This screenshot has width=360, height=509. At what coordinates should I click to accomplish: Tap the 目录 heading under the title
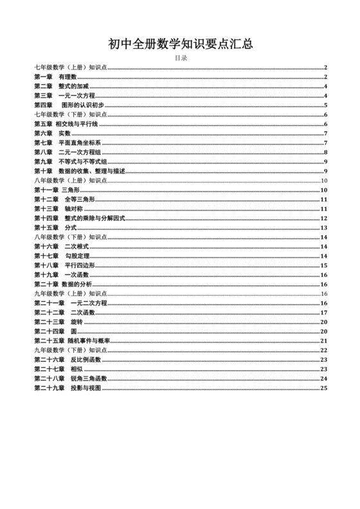point(180,58)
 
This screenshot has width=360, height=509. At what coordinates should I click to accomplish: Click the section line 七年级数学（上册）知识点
point(71,67)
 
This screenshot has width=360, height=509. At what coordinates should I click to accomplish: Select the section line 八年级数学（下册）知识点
point(71,237)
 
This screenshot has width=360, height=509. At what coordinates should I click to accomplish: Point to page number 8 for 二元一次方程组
point(326,152)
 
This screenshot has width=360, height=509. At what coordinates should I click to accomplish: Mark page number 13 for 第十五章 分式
point(324,228)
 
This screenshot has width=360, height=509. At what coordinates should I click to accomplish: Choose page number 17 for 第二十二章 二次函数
point(324,312)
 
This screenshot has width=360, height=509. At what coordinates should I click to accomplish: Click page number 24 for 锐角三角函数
point(324,379)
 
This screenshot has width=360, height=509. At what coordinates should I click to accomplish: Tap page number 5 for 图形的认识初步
point(326,105)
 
